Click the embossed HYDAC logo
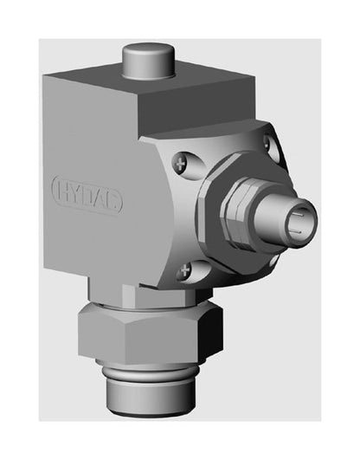click(87, 195)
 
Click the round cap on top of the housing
click(148, 61)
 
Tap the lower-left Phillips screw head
click(185, 270)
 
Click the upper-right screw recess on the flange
click(272, 147)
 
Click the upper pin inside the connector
click(298, 215)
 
